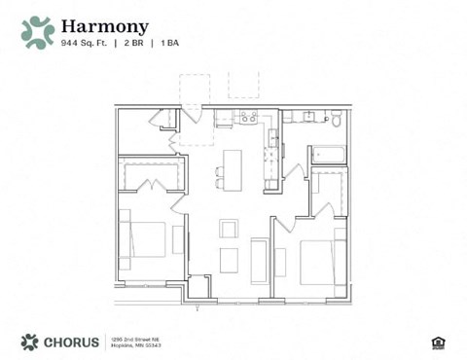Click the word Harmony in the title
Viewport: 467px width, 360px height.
point(104,26)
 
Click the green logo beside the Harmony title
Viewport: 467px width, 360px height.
point(38,32)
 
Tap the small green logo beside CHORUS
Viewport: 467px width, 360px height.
point(29,342)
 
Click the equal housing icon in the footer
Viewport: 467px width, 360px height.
point(437,342)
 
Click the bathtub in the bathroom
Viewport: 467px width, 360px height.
point(327,154)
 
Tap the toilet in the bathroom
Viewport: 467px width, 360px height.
point(336,119)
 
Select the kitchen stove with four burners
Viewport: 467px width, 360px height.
point(248,118)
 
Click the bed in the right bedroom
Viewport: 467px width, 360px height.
point(321,261)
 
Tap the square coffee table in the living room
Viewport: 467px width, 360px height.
point(229,230)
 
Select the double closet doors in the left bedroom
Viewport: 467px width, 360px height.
point(150,184)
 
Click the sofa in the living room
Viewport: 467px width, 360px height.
point(260,260)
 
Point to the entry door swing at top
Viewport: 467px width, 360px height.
point(192,112)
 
